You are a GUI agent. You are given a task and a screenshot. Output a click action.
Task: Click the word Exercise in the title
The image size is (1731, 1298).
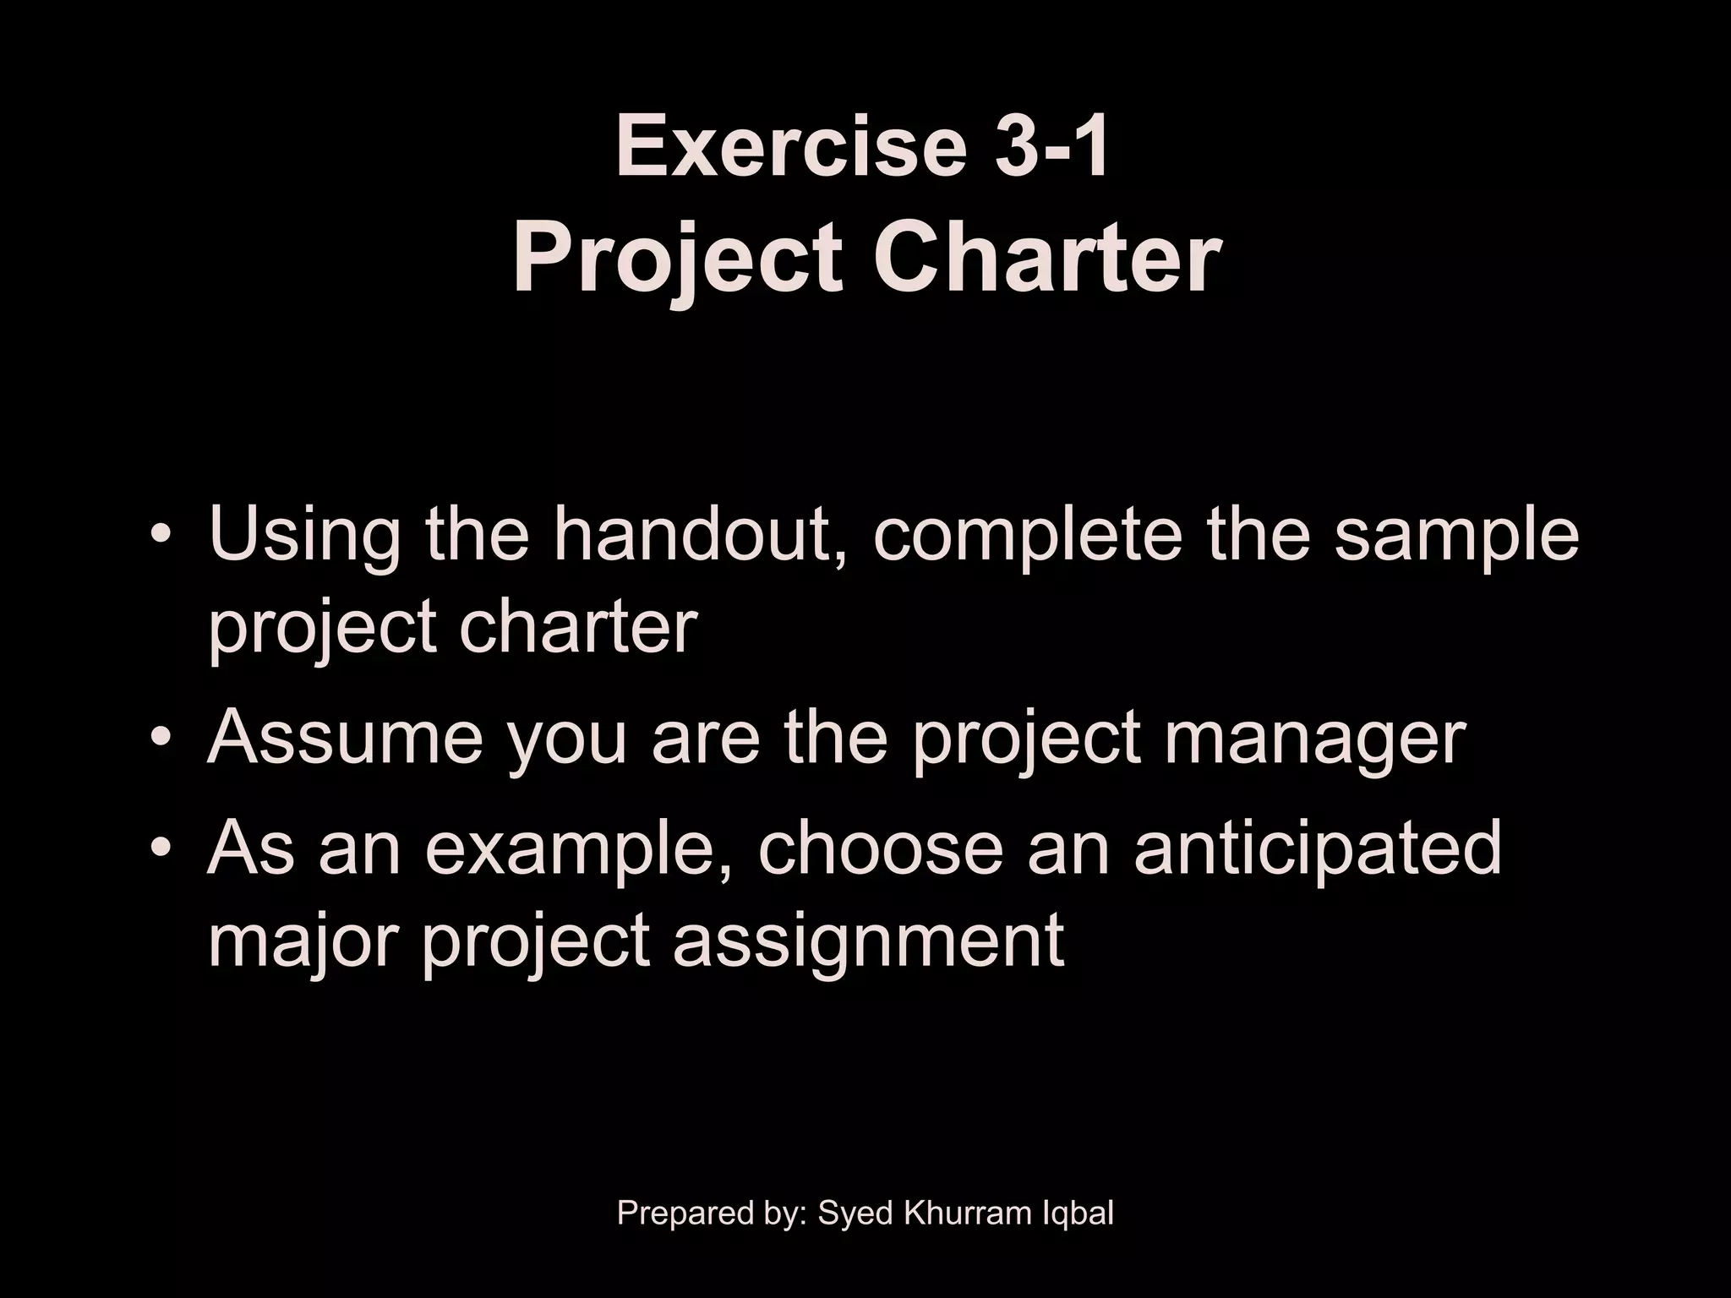point(791,148)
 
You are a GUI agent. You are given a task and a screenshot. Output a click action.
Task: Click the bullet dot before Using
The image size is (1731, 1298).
point(161,538)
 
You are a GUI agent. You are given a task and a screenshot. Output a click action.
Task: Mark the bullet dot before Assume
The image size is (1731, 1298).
point(161,740)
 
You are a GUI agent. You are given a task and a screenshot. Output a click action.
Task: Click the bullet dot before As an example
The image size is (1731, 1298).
point(161,849)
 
